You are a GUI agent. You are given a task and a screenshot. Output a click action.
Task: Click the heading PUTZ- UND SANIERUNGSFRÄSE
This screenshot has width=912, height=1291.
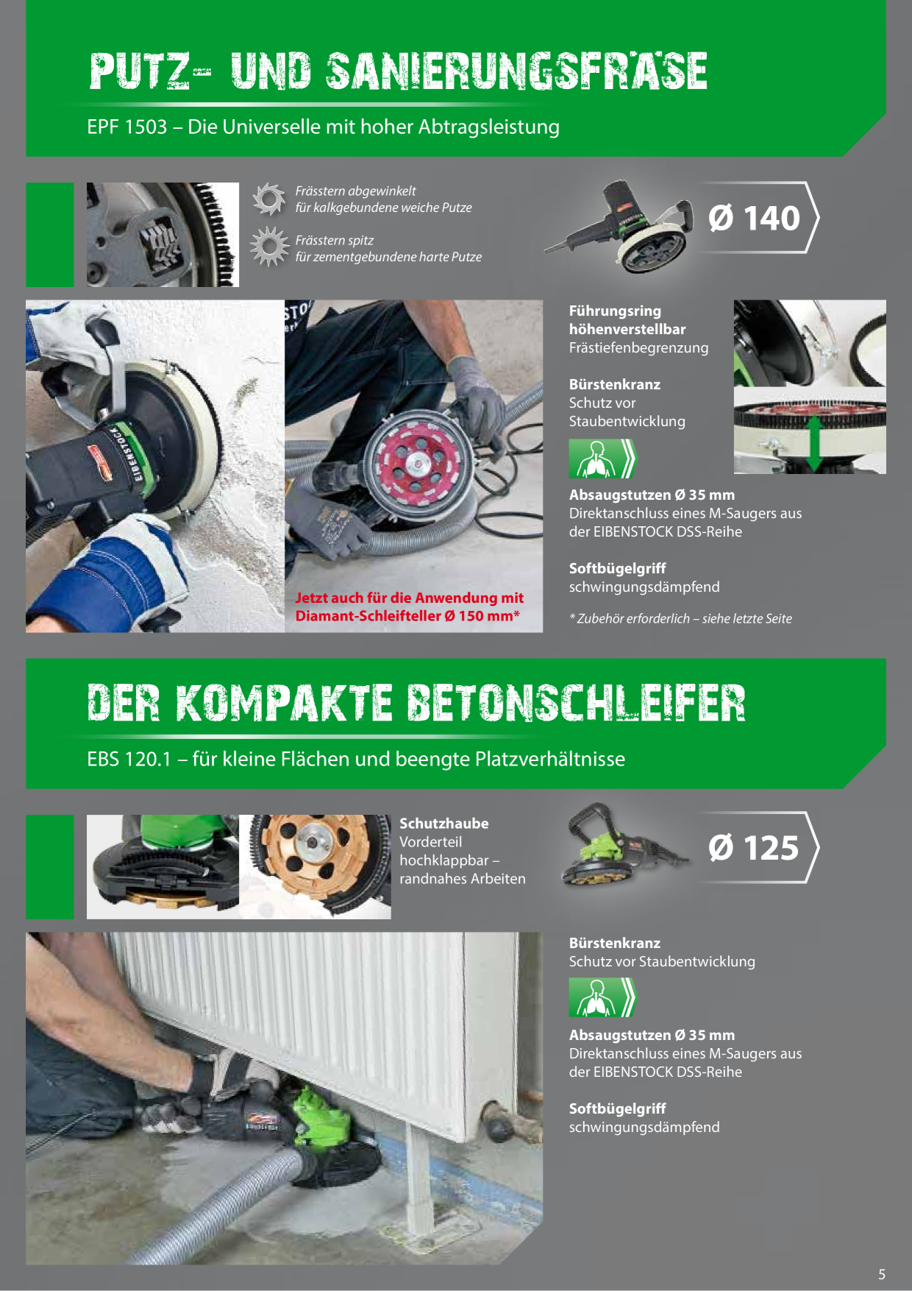click(x=398, y=71)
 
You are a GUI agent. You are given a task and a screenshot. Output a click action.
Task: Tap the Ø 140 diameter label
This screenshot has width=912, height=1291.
click(x=754, y=218)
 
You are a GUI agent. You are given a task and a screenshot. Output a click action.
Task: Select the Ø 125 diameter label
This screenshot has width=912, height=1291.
click(x=753, y=847)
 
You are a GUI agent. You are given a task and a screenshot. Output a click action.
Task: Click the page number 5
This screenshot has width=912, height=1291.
click(x=882, y=1274)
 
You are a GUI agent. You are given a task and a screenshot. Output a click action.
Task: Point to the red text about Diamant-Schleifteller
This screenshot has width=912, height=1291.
click(x=409, y=606)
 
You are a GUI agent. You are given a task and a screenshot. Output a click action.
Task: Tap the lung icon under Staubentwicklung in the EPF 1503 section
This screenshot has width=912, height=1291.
click(x=602, y=459)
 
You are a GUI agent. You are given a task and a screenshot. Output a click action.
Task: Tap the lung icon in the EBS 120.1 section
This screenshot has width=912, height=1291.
click(x=602, y=997)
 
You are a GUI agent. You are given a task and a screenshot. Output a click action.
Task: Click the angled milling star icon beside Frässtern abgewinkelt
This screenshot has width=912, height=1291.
click(x=268, y=199)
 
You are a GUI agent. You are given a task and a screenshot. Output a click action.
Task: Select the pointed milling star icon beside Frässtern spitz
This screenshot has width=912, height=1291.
click(x=269, y=247)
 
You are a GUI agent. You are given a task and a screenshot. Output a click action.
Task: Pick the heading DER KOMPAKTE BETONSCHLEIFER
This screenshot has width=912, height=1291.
click(x=416, y=702)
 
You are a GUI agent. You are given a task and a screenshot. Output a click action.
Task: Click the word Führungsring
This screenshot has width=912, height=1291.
click(x=615, y=311)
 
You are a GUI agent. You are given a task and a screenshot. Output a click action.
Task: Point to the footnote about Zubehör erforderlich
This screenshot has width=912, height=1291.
click(x=680, y=618)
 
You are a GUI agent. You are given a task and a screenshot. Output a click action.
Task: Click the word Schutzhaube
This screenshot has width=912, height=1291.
click(x=443, y=824)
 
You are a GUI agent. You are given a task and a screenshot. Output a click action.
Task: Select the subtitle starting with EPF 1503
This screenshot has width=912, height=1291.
click(x=323, y=127)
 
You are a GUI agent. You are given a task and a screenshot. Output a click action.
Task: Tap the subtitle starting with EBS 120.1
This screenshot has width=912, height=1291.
click(x=356, y=759)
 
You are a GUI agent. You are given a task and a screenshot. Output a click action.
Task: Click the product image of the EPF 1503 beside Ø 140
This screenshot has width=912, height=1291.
click(x=619, y=226)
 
